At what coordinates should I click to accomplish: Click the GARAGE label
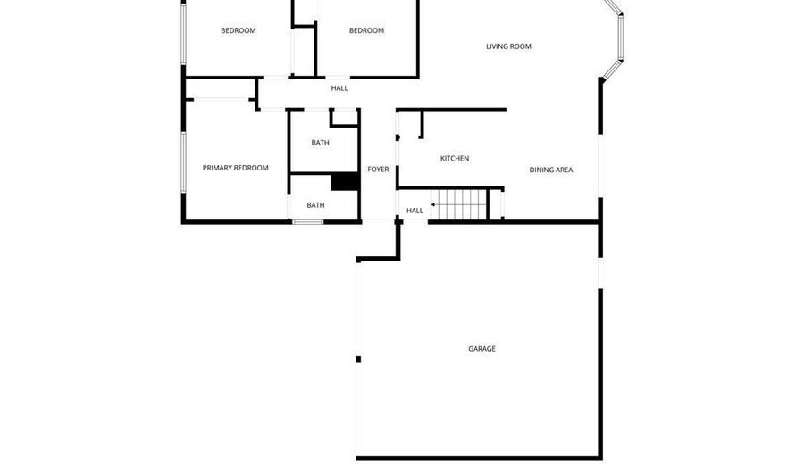482,349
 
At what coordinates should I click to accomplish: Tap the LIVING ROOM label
508,46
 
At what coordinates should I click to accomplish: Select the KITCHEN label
455,159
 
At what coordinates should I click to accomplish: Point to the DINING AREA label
551,170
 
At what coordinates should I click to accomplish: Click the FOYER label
378,170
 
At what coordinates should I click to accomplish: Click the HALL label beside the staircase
415,211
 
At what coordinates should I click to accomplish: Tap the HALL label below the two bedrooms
339,88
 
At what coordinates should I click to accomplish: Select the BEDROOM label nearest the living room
366,30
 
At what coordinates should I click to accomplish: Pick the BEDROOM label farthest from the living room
239,30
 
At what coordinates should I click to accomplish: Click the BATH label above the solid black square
320,143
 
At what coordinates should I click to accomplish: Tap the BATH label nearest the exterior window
315,205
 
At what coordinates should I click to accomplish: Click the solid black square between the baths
344,181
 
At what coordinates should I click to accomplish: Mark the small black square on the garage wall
358,360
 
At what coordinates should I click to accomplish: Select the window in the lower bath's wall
307,221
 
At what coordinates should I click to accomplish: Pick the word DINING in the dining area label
542,170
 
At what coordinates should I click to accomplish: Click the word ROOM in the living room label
521,46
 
